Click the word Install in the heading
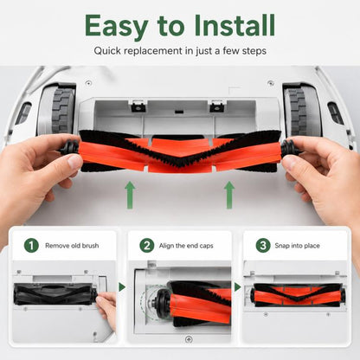point(235,25)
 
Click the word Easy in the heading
point(117,27)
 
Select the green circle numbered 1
point(31,246)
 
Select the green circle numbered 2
point(147,246)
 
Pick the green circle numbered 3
point(263,246)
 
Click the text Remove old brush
point(72,246)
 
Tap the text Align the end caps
point(186,246)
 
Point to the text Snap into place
point(297,246)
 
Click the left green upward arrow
point(130,195)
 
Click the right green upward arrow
point(229,195)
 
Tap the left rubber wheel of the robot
point(63,111)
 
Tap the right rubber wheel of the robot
point(296,112)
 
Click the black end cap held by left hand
point(69,148)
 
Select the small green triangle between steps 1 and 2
point(122,287)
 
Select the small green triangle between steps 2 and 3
point(238,287)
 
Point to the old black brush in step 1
point(55,293)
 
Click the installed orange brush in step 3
point(298,295)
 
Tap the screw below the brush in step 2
point(189,339)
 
